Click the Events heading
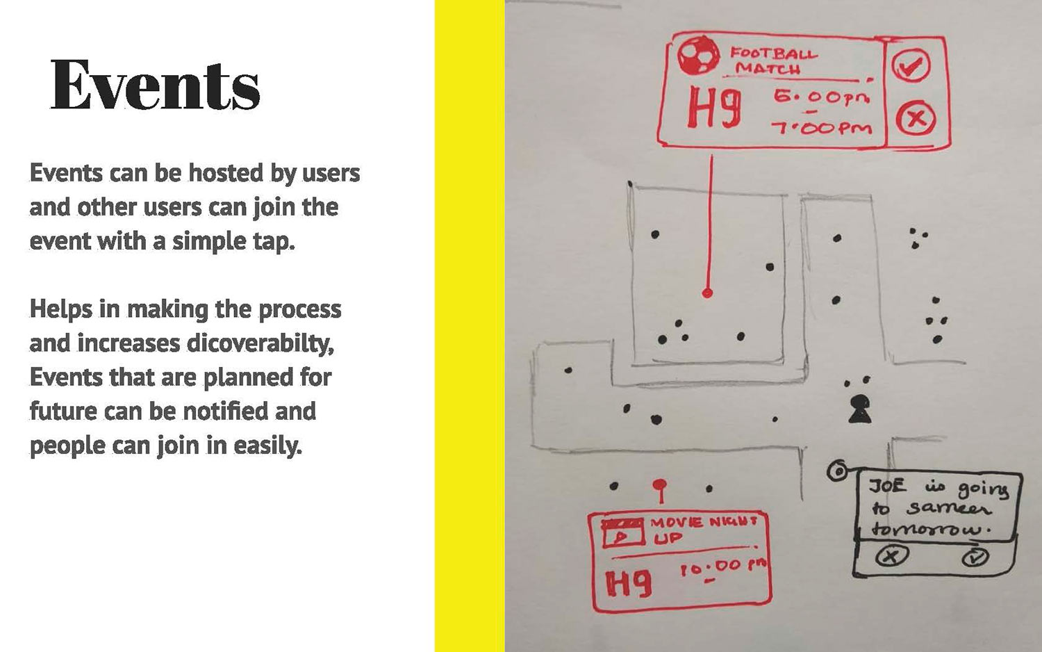155,85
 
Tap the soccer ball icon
697,56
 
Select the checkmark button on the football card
911,65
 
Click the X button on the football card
916,118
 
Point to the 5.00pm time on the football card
822,98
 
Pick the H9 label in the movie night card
629,584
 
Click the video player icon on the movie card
623,533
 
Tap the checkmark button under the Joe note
975,557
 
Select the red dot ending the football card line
707,293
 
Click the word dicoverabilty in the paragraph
260,343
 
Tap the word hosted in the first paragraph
226,172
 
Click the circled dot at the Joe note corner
837,471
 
